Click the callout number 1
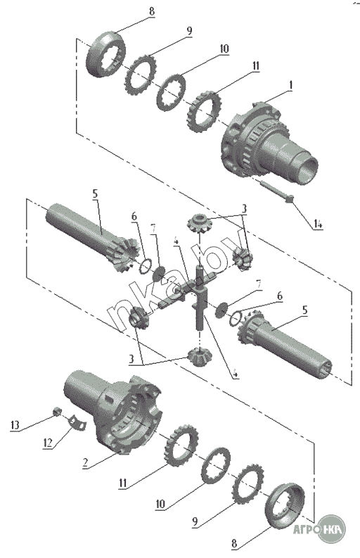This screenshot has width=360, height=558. click(x=290, y=85)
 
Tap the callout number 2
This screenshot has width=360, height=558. click(x=85, y=462)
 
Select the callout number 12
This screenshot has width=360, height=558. click(x=48, y=443)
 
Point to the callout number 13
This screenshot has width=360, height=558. click(x=15, y=425)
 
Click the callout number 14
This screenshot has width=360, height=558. click(x=318, y=224)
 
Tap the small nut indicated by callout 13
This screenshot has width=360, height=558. click(x=56, y=412)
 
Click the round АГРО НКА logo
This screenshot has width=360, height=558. click(x=330, y=529)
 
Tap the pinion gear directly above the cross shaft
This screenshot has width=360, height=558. click(x=199, y=223)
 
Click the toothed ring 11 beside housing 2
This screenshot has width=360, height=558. click(x=181, y=445)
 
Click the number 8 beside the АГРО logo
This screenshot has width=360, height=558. click(x=234, y=543)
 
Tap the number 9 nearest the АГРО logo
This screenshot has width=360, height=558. click(x=195, y=522)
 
